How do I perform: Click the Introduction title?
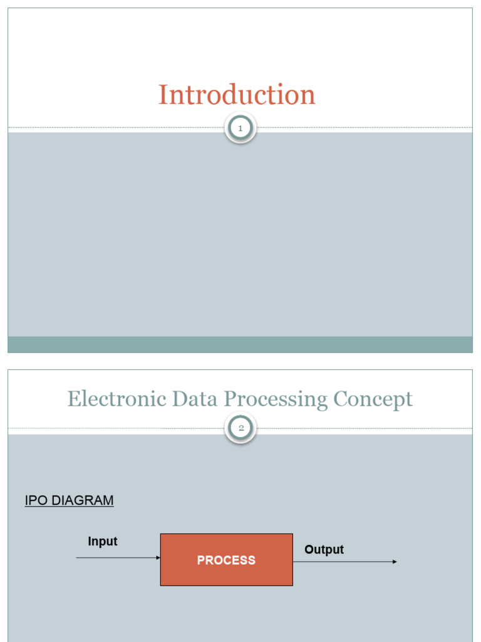[x=237, y=95]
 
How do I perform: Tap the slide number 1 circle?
[x=240, y=129]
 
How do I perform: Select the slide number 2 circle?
[x=240, y=429]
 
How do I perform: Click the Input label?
[x=103, y=542]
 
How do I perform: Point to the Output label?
[x=324, y=550]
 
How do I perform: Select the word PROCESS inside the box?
[x=226, y=560]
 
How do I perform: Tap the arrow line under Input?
[x=116, y=557]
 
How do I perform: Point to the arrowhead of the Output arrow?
[x=395, y=562]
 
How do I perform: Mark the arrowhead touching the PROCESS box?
[x=158, y=557]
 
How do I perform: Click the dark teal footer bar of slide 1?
[x=240, y=344]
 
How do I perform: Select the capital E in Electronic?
[x=73, y=399]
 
